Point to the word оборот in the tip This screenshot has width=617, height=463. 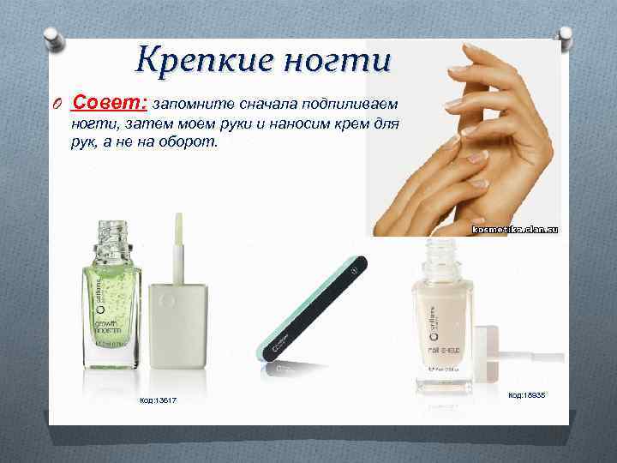189,141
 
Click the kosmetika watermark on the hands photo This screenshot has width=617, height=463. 516,230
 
